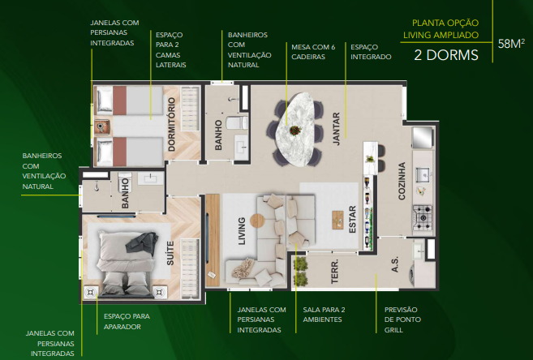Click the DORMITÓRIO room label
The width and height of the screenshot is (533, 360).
click(x=171, y=124)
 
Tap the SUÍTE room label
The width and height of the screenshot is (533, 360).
click(x=170, y=253)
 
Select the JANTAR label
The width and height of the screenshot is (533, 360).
click(x=336, y=129)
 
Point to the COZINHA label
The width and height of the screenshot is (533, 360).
click(x=402, y=181)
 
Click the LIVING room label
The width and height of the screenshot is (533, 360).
click(x=241, y=231)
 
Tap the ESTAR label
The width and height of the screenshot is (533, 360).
click(x=352, y=220)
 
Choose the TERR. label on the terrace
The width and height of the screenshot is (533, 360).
click(x=335, y=272)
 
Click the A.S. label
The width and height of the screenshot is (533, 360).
click(x=394, y=264)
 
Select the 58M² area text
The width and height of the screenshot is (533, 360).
click(x=511, y=44)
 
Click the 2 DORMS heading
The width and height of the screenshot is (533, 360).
click(x=446, y=55)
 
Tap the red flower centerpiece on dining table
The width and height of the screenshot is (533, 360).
click(x=295, y=130)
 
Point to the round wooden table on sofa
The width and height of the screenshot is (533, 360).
click(x=257, y=221)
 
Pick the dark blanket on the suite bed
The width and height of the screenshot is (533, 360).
click(x=142, y=243)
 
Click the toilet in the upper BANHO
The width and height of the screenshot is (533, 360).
click(x=237, y=123)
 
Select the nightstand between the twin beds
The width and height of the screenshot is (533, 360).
click(x=102, y=127)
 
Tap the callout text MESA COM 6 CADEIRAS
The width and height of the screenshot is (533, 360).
click(x=313, y=52)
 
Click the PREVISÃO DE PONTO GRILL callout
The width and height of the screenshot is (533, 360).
click(x=402, y=319)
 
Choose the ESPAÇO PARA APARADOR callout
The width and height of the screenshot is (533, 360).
click(x=127, y=321)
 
